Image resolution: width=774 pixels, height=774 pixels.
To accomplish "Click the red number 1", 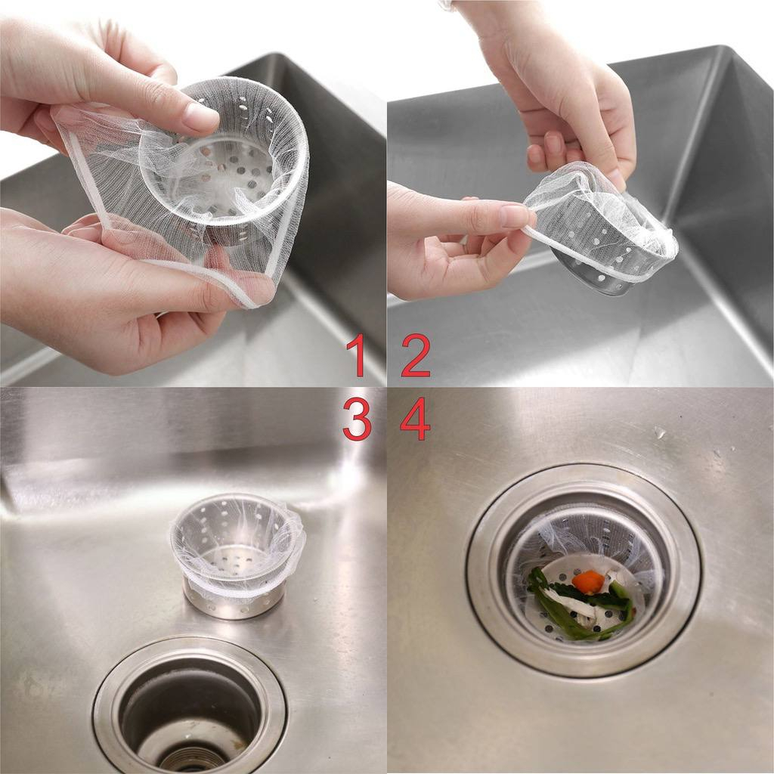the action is click(x=357, y=354).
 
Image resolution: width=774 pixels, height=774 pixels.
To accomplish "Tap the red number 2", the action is click(x=416, y=354).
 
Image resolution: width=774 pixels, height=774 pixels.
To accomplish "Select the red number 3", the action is click(x=357, y=419).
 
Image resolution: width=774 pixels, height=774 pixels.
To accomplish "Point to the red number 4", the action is click(x=415, y=419).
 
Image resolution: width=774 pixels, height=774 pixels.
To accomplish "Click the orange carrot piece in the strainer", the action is click(x=588, y=581).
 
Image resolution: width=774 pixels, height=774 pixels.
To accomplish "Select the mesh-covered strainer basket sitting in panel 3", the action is click(x=237, y=553).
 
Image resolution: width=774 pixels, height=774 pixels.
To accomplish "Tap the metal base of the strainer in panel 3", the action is click(x=234, y=602).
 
